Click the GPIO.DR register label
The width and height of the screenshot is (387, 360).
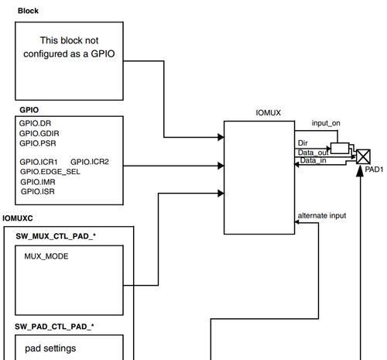35,123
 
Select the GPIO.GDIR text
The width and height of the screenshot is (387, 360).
39,133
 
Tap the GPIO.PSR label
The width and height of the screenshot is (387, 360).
38,143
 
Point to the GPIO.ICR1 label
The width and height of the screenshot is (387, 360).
39,162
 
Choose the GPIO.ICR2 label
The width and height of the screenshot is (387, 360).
90,162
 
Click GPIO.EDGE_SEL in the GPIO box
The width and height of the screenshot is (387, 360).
50,172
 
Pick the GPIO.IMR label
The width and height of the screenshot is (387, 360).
38,182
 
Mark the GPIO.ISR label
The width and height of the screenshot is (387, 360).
38,191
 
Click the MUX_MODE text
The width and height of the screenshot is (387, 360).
46,256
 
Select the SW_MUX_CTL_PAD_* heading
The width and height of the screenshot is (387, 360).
56,236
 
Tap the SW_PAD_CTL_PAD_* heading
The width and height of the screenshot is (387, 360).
54,327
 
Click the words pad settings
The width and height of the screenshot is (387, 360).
50,348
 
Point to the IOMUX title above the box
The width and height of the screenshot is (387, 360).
268,113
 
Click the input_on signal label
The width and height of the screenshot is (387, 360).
326,123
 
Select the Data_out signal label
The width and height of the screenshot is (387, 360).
313,153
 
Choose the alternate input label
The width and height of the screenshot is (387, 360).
322,215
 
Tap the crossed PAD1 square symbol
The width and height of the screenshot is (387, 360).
363,156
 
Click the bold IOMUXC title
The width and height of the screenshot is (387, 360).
18,218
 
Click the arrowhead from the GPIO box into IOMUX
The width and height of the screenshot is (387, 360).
221,166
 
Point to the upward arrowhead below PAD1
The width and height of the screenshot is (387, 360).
360,172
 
